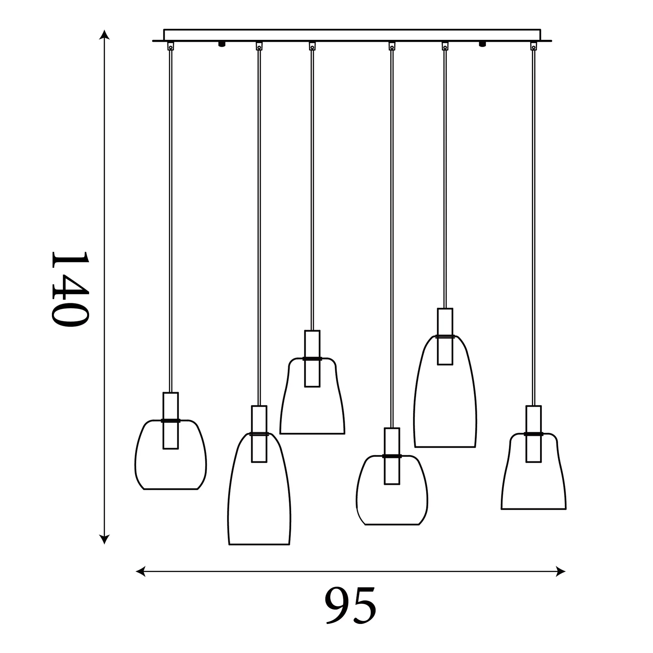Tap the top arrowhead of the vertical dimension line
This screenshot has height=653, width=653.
[x=104, y=35]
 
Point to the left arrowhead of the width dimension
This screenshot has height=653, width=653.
[x=140, y=571]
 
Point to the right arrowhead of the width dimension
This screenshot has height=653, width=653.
[x=560, y=571]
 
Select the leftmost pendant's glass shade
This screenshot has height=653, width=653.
[x=135, y=457]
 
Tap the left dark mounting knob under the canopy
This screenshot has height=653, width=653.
[x=222, y=44]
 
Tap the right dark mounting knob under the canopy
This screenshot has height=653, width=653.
[x=482, y=44]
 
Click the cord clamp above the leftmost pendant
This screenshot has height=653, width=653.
[x=171, y=46]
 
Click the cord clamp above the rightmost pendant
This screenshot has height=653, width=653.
[x=534, y=46]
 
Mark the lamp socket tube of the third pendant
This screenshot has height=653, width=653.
[x=312, y=358]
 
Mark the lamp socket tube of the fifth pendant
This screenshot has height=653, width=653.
[x=445, y=336]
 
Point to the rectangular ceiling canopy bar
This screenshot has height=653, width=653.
[x=352, y=35]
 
